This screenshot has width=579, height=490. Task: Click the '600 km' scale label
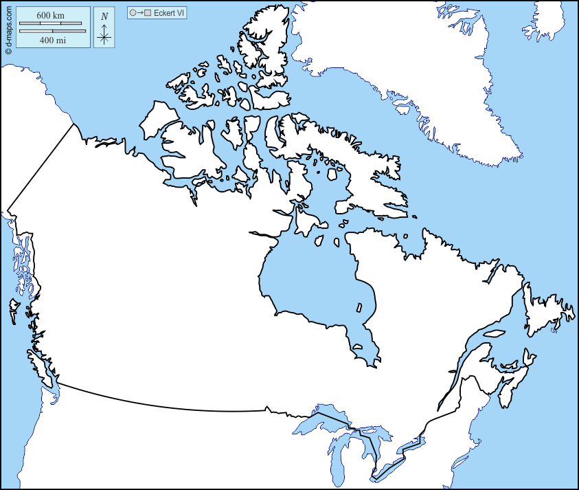[51, 15]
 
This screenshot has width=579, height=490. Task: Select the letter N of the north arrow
[104, 16]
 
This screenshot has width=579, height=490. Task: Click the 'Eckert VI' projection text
[170, 12]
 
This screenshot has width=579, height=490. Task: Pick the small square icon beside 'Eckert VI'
[147, 12]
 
